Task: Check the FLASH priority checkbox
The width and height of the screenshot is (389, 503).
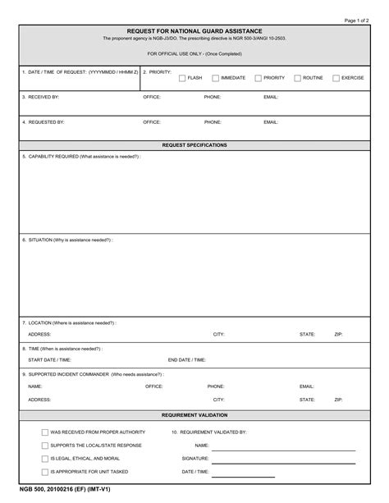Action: (182, 78)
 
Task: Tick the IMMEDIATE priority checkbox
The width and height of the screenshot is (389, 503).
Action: (215, 78)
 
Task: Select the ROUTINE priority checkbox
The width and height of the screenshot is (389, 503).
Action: (297, 78)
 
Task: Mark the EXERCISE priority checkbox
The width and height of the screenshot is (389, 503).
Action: (336, 78)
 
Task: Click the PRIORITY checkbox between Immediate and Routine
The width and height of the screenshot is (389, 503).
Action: (258, 78)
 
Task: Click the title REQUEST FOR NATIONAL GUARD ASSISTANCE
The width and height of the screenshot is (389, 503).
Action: (194, 30)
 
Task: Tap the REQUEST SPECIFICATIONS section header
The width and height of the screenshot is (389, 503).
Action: (194, 144)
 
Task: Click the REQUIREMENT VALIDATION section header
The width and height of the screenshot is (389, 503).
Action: (194, 415)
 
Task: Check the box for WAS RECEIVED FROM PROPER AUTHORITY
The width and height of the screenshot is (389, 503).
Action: (44, 432)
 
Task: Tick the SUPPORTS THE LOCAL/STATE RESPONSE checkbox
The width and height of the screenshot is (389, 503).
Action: (44, 445)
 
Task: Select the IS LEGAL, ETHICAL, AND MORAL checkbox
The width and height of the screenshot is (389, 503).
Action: (44, 458)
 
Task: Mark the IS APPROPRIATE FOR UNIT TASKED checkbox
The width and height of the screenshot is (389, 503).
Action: (44, 472)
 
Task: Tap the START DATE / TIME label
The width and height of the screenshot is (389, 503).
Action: (49, 359)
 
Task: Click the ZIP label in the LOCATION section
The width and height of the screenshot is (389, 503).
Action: (338, 334)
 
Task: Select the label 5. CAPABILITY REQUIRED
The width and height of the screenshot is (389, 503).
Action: (81, 156)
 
